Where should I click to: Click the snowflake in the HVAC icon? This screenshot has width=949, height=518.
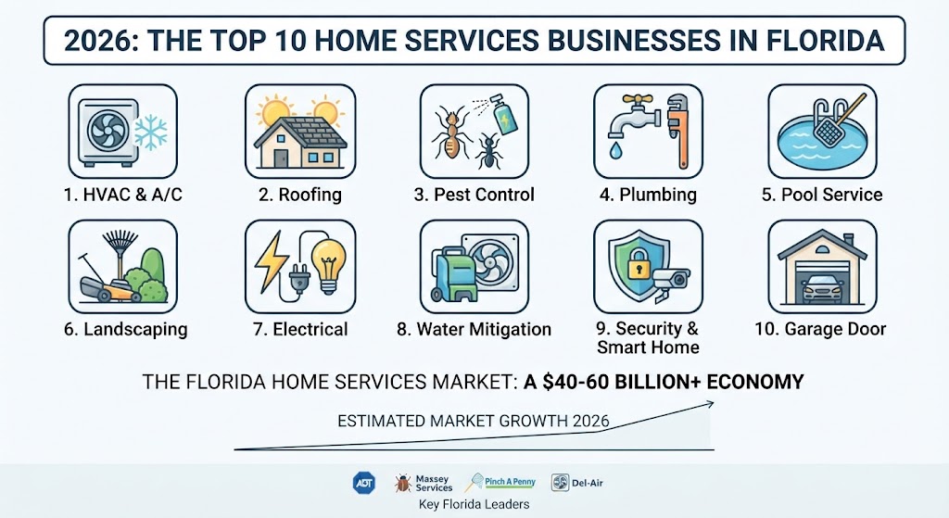click(x=151, y=133)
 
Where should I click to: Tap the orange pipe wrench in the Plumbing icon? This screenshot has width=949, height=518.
click(x=679, y=130)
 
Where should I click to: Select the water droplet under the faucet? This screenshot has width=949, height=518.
click(x=615, y=151)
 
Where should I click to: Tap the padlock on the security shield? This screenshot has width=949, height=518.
click(x=638, y=263)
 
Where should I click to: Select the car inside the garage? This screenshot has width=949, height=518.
click(x=822, y=288)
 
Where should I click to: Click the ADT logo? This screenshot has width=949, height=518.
click(x=363, y=483)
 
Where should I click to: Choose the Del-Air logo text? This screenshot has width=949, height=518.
click(x=587, y=482)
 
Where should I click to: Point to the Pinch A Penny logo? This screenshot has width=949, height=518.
click(x=500, y=482)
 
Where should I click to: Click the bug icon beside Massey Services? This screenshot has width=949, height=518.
click(x=402, y=483)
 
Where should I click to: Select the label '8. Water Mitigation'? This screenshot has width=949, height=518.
click(x=474, y=329)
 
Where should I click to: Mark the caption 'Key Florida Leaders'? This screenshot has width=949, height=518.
click(x=474, y=504)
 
